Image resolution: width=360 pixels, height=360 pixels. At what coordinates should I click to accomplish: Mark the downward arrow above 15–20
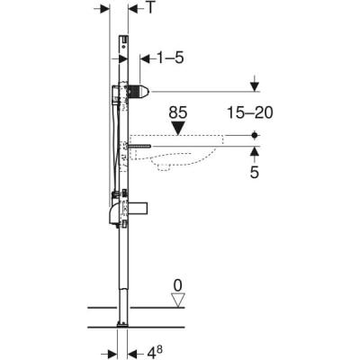(256, 87)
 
